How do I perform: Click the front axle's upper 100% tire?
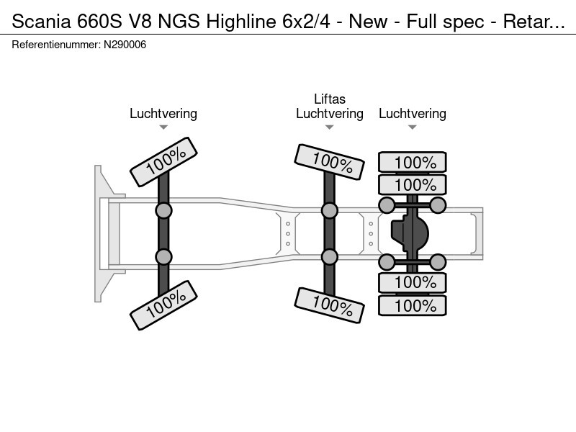tap(164, 161)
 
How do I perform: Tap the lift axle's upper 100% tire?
tap(330, 161)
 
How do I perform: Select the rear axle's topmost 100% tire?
tap(413, 162)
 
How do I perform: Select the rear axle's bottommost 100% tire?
tap(413, 305)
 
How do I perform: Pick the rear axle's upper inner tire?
tap(413, 184)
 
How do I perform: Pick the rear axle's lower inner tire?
tap(413, 282)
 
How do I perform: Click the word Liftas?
tap(330, 99)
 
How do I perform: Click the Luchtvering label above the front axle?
tap(163, 114)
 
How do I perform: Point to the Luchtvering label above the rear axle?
tap(413, 114)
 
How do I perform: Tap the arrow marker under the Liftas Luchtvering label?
tap(330, 127)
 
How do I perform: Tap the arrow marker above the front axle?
tap(163, 127)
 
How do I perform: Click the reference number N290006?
tap(125, 45)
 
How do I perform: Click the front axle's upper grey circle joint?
tap(164, 210)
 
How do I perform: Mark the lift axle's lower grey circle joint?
tap(330, 257)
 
